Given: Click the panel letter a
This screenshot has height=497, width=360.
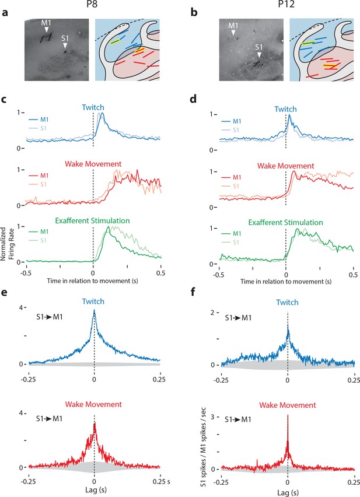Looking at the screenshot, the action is coord(5,14).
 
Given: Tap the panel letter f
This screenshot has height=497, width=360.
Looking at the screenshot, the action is coord(193,292).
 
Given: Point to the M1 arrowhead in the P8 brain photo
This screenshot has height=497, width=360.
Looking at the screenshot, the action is coord(47,30).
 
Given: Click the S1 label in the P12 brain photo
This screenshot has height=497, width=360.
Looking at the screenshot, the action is coord(259,47).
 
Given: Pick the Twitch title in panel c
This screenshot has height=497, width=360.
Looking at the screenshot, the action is coord(93,107).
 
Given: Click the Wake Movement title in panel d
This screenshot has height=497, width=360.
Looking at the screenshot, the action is coord(285,166).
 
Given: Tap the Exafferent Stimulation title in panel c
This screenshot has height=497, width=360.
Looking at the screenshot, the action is coord(92,220).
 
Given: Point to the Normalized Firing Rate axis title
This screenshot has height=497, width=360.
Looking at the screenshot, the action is coord(7,243).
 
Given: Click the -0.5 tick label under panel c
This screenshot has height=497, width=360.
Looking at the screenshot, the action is coord(26,272).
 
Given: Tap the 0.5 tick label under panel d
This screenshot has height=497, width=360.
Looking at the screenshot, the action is coord(354,275).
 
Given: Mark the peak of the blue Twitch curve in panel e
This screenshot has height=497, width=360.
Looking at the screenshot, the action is coord(94,310).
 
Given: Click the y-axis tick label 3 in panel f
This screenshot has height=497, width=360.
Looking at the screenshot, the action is coord(212,417).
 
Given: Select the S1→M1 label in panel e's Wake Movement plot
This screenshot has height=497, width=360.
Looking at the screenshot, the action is coord(49,419).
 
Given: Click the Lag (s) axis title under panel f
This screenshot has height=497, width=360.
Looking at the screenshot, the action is coord(288,492).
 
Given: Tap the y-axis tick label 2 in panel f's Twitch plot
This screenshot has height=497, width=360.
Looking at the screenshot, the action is coord(212,312).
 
